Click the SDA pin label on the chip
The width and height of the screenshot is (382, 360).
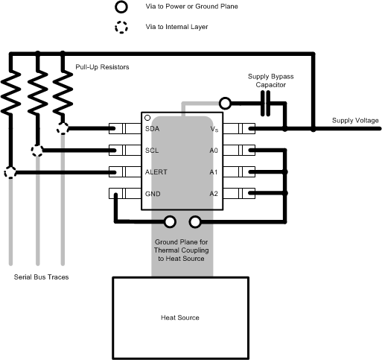click(153, 128)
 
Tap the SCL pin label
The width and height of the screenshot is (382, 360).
click(153, 150)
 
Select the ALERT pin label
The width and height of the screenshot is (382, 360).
click(156, 172)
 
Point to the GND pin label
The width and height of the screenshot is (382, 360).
click(153, 194)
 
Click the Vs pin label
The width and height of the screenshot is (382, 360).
click(214, 128)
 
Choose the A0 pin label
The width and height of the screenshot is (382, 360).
click(214, 150)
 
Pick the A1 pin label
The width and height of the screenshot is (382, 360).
click(214, 172)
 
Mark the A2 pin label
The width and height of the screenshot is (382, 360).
click(214, 194)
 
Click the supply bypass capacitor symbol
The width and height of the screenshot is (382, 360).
click(266, 106)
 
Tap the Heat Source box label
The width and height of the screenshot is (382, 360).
click(180, 318)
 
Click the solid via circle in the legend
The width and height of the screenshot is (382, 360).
click(120, 7)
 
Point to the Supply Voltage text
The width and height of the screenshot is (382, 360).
click(355, 121)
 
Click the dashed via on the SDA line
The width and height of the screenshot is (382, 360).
click(63, 128)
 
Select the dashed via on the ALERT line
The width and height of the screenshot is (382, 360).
click(10, 172)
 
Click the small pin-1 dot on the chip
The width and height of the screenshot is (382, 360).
click(148, 118)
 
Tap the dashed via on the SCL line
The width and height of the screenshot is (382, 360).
click(36, 151)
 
